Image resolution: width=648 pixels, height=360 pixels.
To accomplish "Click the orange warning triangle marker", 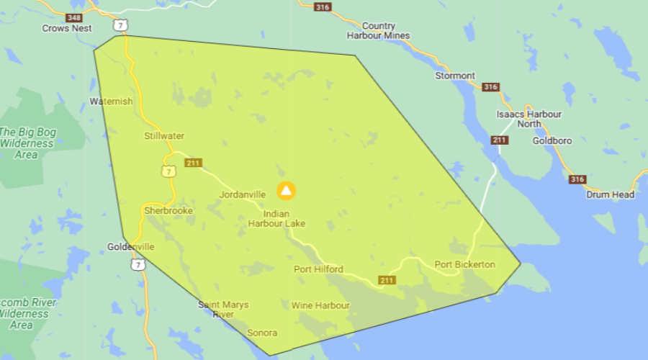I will coord(287,191).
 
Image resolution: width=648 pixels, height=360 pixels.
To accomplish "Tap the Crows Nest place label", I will coord(67,28).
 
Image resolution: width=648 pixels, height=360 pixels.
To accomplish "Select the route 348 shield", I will coord(73,17).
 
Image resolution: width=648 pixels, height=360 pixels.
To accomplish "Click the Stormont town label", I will coord(455,76).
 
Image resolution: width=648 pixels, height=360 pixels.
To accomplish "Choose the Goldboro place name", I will coord(552,141).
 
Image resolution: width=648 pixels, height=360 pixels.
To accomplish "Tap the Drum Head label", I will coord(610,194).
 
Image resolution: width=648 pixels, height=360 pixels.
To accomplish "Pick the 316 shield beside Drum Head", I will coord(577,179).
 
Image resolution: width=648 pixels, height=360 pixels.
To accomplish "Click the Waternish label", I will coord(111,102).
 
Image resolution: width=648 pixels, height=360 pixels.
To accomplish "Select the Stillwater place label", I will coord(164,135).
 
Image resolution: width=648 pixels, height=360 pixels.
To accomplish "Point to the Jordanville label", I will coord(243,194).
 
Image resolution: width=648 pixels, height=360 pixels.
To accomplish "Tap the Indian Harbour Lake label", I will coord(276,219).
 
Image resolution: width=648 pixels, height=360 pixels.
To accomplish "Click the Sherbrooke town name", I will coord(168,211).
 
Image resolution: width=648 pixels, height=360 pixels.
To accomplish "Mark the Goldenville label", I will coord(131,246).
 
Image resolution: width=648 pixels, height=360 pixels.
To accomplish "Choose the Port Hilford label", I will coord(318,269).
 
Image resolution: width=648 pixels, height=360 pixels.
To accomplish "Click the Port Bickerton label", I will coord(464,264).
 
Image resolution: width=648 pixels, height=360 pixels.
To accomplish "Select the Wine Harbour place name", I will coord(320,305).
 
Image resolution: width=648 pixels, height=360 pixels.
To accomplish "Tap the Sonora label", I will coord(262,333).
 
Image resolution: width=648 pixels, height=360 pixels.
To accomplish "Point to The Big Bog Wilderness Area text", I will coord(27,143).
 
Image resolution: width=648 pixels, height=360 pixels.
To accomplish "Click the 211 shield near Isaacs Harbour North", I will coord(500,140).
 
